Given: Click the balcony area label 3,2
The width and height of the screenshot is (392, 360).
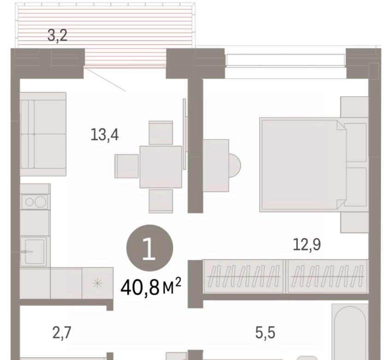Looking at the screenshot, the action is (58, 36).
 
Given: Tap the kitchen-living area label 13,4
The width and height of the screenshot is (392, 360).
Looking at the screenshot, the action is (105, 135).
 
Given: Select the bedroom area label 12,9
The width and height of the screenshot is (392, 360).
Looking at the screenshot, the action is (307, 245).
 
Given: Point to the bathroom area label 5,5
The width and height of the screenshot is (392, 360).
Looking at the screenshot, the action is (265, 333).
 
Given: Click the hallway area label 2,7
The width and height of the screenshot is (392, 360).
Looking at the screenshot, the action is (62, 333).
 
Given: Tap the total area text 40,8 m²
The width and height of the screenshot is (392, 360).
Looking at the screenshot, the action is (151, 287).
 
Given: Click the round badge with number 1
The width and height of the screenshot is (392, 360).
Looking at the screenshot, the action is (149, 248).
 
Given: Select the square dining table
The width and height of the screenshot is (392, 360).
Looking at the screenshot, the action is (161, 167).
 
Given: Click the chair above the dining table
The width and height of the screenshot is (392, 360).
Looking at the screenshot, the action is (161, 133).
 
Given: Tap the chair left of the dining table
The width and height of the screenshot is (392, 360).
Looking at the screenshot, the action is (127, 166).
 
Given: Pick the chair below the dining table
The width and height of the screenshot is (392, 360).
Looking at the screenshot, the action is (161, 201).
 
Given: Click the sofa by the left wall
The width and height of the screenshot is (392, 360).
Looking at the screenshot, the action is (43, 134).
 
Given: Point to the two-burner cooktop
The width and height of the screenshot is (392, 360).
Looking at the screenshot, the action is (35, 202).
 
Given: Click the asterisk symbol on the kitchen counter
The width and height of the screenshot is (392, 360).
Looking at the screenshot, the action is (97, 283).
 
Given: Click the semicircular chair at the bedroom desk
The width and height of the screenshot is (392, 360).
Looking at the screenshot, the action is (234, 166).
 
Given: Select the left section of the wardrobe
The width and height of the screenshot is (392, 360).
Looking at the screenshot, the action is (244, 276).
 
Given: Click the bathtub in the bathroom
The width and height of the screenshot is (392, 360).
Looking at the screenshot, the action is (350, 332).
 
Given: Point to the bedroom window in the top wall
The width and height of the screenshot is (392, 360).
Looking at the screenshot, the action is (285, 60).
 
